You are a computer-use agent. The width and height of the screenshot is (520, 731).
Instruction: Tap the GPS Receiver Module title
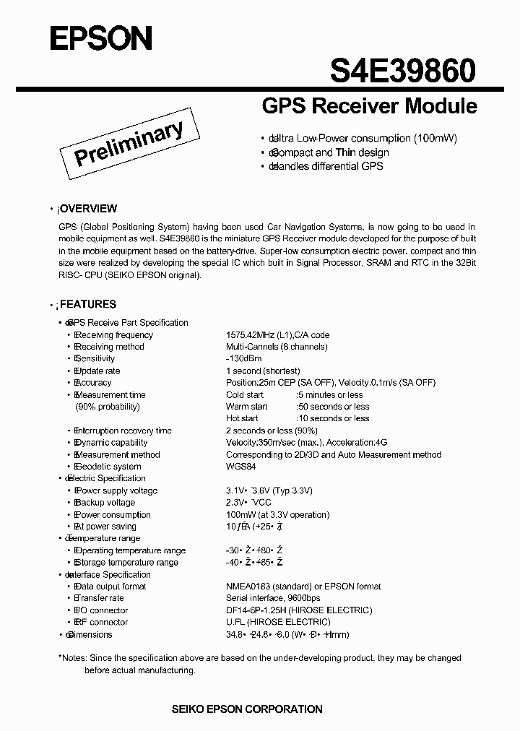(368, 106)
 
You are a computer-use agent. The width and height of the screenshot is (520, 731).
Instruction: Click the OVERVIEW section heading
(87, 209)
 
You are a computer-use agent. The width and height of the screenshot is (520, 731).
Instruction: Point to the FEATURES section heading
(87, 305)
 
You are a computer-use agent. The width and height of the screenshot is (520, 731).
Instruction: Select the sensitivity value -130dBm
(244, 359)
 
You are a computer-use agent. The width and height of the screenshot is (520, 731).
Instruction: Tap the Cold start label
(245, 395)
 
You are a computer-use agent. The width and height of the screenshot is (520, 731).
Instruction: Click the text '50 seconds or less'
(334, 407)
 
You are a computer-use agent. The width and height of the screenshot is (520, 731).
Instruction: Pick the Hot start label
(242, 418)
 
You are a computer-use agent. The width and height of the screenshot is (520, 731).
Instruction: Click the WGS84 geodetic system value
(240, 467)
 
